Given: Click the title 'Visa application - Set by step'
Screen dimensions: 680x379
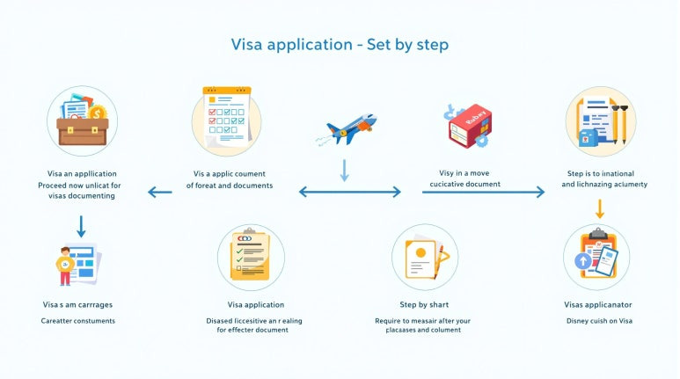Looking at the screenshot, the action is (340, 44).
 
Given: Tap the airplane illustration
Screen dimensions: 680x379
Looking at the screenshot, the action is (346, 128).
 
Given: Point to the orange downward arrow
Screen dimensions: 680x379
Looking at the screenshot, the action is (599, 208).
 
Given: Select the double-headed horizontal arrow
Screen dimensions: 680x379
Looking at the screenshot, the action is (349, 191).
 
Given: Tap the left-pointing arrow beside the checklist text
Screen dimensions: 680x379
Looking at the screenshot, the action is (159, 191).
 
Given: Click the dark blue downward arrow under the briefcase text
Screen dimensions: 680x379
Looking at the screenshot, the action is (81, 227).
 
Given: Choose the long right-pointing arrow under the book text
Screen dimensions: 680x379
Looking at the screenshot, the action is (483, 191).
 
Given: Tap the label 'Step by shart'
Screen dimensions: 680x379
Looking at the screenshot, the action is (424, 305).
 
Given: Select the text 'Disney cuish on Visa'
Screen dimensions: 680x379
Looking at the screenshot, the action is (598, 320).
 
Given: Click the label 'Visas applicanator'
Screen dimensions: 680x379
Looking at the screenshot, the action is (598, 305).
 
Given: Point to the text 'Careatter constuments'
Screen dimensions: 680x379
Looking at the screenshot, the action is (78, 320).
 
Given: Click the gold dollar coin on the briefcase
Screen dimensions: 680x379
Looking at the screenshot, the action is (98, 112).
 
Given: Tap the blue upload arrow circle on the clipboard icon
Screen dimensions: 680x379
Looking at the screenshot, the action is (581, 261).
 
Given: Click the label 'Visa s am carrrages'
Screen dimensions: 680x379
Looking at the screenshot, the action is (77, 305).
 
